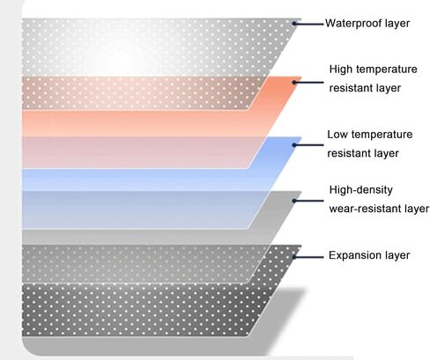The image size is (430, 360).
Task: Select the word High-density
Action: pyautogui.click(x=361, y=190)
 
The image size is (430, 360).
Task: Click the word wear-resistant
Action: pyautogui.click(x=365, y=209)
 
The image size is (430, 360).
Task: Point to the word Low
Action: pyautogui.click(x=337, y=135)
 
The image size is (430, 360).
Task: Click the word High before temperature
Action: pyautogui.click(x=341, y=70)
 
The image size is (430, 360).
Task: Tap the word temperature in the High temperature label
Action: pyautogui.click(x=387, y=70)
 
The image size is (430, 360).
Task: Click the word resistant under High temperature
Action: pyautogui.click(x=353, y=88)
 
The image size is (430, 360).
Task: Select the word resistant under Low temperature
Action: pyautogui.click(x=351, y=153)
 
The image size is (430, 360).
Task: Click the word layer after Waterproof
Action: pyautogui.click(x=397, y=24)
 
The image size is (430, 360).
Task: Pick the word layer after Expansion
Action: pyautogui.click(x=397, y=255)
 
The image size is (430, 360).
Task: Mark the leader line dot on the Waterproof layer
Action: pyautogui.click(x=294, y=24)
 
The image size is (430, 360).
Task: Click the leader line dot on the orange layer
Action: pyautogui.click(x=294, y=83)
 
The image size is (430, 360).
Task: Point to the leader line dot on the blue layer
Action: pyautogui.click(x=294, y=145)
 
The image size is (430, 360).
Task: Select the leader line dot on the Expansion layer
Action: pyautogui.click(x=294, y=257)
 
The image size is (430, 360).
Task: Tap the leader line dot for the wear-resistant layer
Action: pyautogui.click(x=294, y=201)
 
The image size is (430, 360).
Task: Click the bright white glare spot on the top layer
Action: pyautogui.click(x=122, y=60)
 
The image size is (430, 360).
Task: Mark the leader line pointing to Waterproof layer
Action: pyautogui.click(x=308, y=24)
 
